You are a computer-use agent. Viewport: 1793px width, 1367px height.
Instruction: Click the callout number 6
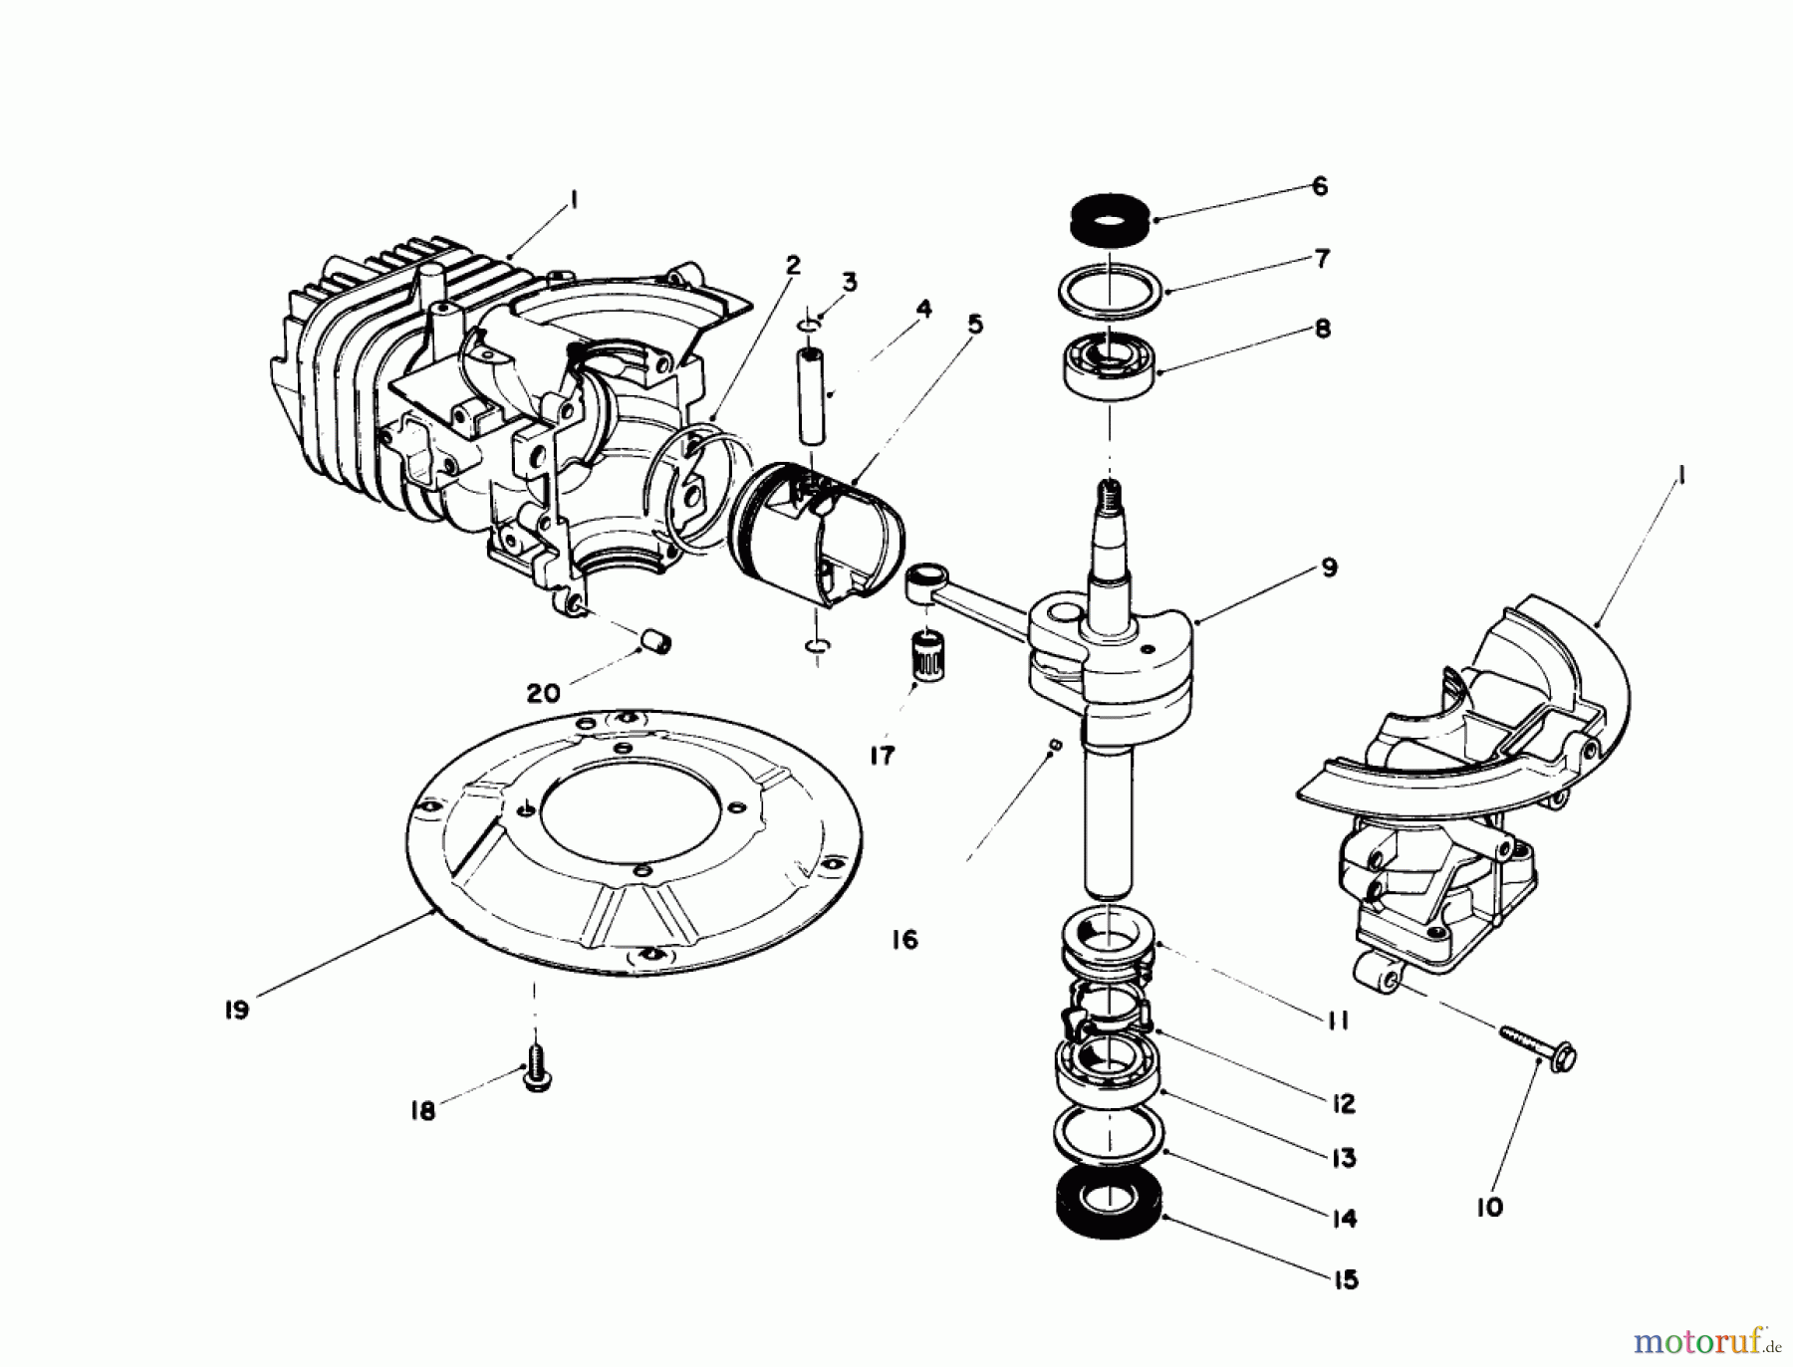tap(1319, 186)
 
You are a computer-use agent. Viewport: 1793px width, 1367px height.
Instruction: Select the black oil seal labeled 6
tap(1110, 215)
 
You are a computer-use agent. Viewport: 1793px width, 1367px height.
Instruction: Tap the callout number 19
tap(236, 1009)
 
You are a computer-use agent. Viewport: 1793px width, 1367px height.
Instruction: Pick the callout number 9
tap(1330, 569)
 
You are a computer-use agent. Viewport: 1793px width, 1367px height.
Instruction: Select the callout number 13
tap(1344, 1158)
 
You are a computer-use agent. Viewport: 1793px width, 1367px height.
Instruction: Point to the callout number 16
tap(904, 940)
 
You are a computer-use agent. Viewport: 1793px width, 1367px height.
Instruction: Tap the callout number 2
tap(793, 265)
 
